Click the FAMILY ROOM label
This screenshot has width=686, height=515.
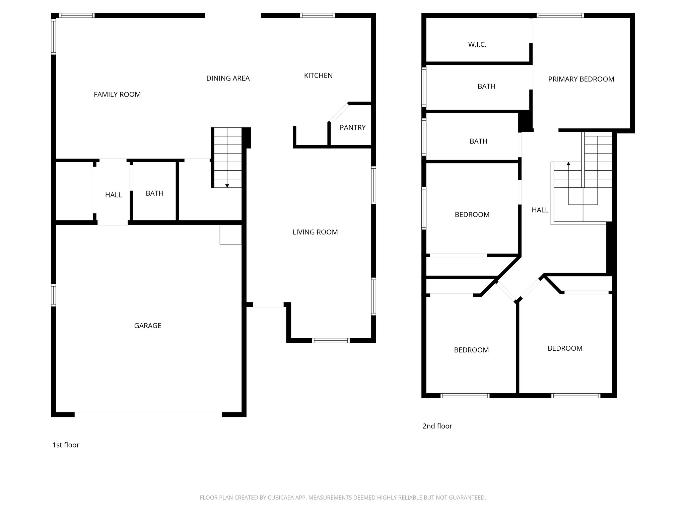(117, 95)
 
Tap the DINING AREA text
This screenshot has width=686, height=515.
(228, 78)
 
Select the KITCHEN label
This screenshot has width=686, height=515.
(318, 76)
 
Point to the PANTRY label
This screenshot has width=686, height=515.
(352, 127)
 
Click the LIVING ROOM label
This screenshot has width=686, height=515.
(315, 232)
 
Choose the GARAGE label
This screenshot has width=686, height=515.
(148, 326)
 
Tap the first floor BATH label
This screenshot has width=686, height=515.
(154, 193)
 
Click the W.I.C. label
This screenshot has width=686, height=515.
(477, 45)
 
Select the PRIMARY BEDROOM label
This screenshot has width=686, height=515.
(581, 79)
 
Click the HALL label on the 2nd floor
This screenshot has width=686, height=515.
(540, 210)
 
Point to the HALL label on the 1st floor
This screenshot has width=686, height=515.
(113, 195)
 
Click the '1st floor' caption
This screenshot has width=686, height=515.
(66, 445)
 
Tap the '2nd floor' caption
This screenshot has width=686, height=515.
(437, 426)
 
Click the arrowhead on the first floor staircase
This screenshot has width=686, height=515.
(227, 185)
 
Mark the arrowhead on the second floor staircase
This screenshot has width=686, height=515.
(568, 164)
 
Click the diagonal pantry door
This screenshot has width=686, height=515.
(338, 113)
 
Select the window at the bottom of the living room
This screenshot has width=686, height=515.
(331, 340)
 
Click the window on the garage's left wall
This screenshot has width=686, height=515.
(53, 295)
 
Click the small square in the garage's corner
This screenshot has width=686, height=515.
(230, 235)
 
